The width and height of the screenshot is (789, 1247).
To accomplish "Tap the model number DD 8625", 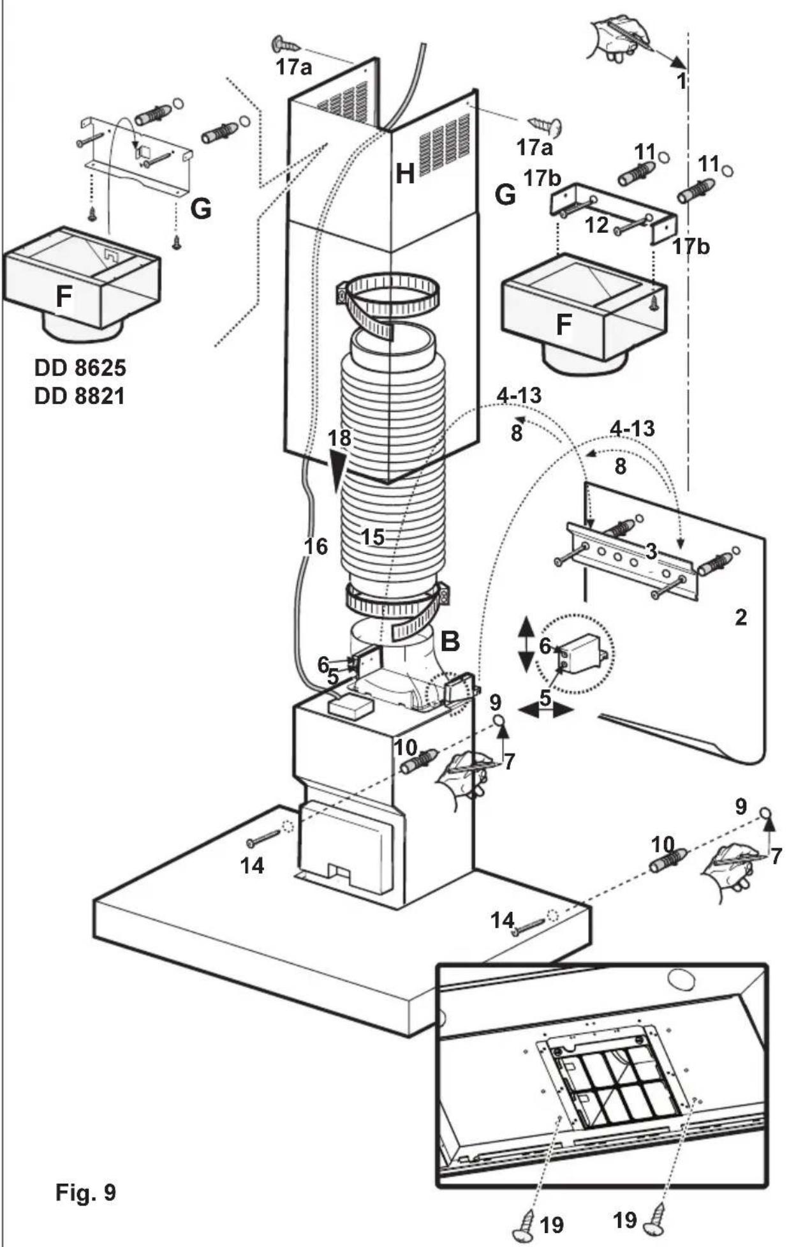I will [80, 368].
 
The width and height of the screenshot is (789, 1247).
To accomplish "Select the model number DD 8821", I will [80, 396].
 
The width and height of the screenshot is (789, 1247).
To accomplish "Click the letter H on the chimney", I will [405, 174].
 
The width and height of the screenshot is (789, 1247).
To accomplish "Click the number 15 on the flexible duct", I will [373, 537].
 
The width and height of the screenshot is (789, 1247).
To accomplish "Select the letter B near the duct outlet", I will [450, 641].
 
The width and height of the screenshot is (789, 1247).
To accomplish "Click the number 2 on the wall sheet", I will [741, 617].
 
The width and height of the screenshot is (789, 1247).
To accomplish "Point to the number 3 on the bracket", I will [651, 551].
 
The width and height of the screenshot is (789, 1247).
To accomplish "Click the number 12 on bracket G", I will [597, 225].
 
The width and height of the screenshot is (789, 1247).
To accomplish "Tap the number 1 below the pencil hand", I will [681, 82].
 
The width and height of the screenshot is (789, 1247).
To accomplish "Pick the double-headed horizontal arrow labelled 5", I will [545, 708].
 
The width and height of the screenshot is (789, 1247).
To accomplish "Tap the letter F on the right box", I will [563, 325].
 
